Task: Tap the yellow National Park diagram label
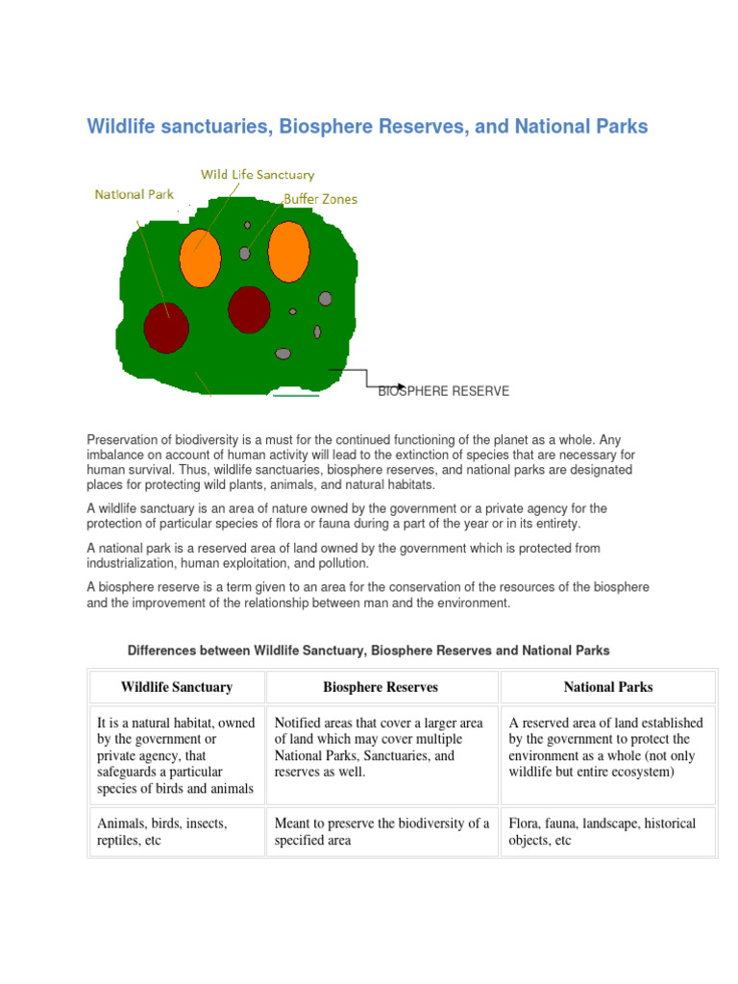(x=134, y=194)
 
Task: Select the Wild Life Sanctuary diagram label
(x=257, y=175)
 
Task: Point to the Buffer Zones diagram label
(x=320, y=199)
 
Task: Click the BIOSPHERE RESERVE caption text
(x=443, y=391)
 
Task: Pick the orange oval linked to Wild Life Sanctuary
(x=200, y=255)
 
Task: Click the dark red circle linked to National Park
(x=165, y=327)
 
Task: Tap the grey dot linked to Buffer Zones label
(x=245, y=254)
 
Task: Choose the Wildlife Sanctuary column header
(x=176, y=687)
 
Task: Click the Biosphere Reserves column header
(x=381, y=687)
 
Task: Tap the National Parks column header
(x=607, y=687)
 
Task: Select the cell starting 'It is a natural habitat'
(x=176, y=755)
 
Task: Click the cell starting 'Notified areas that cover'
(x=381, y=747)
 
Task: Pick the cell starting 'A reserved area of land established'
(x=607, y=747)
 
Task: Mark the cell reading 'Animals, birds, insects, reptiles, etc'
(x=176, y=832)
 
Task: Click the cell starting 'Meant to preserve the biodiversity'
(x=381, y=832)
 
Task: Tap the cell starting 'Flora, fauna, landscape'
(x=607, y=832)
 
